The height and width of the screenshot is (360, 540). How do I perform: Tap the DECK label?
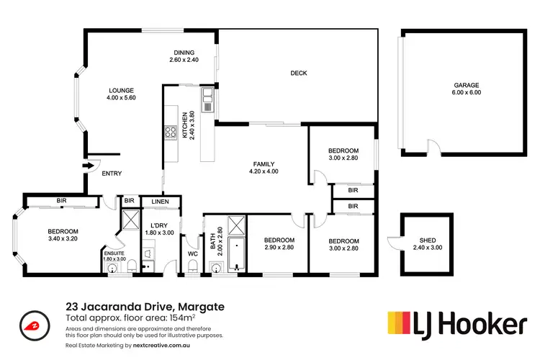tap(299, 73)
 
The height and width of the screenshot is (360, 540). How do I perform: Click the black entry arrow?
tap(89, 166)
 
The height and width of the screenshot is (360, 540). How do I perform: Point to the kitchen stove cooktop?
tap(172, 132)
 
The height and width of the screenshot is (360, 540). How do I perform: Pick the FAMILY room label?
tap(264, 163)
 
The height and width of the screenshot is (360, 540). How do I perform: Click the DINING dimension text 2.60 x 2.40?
tap(183, 60)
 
